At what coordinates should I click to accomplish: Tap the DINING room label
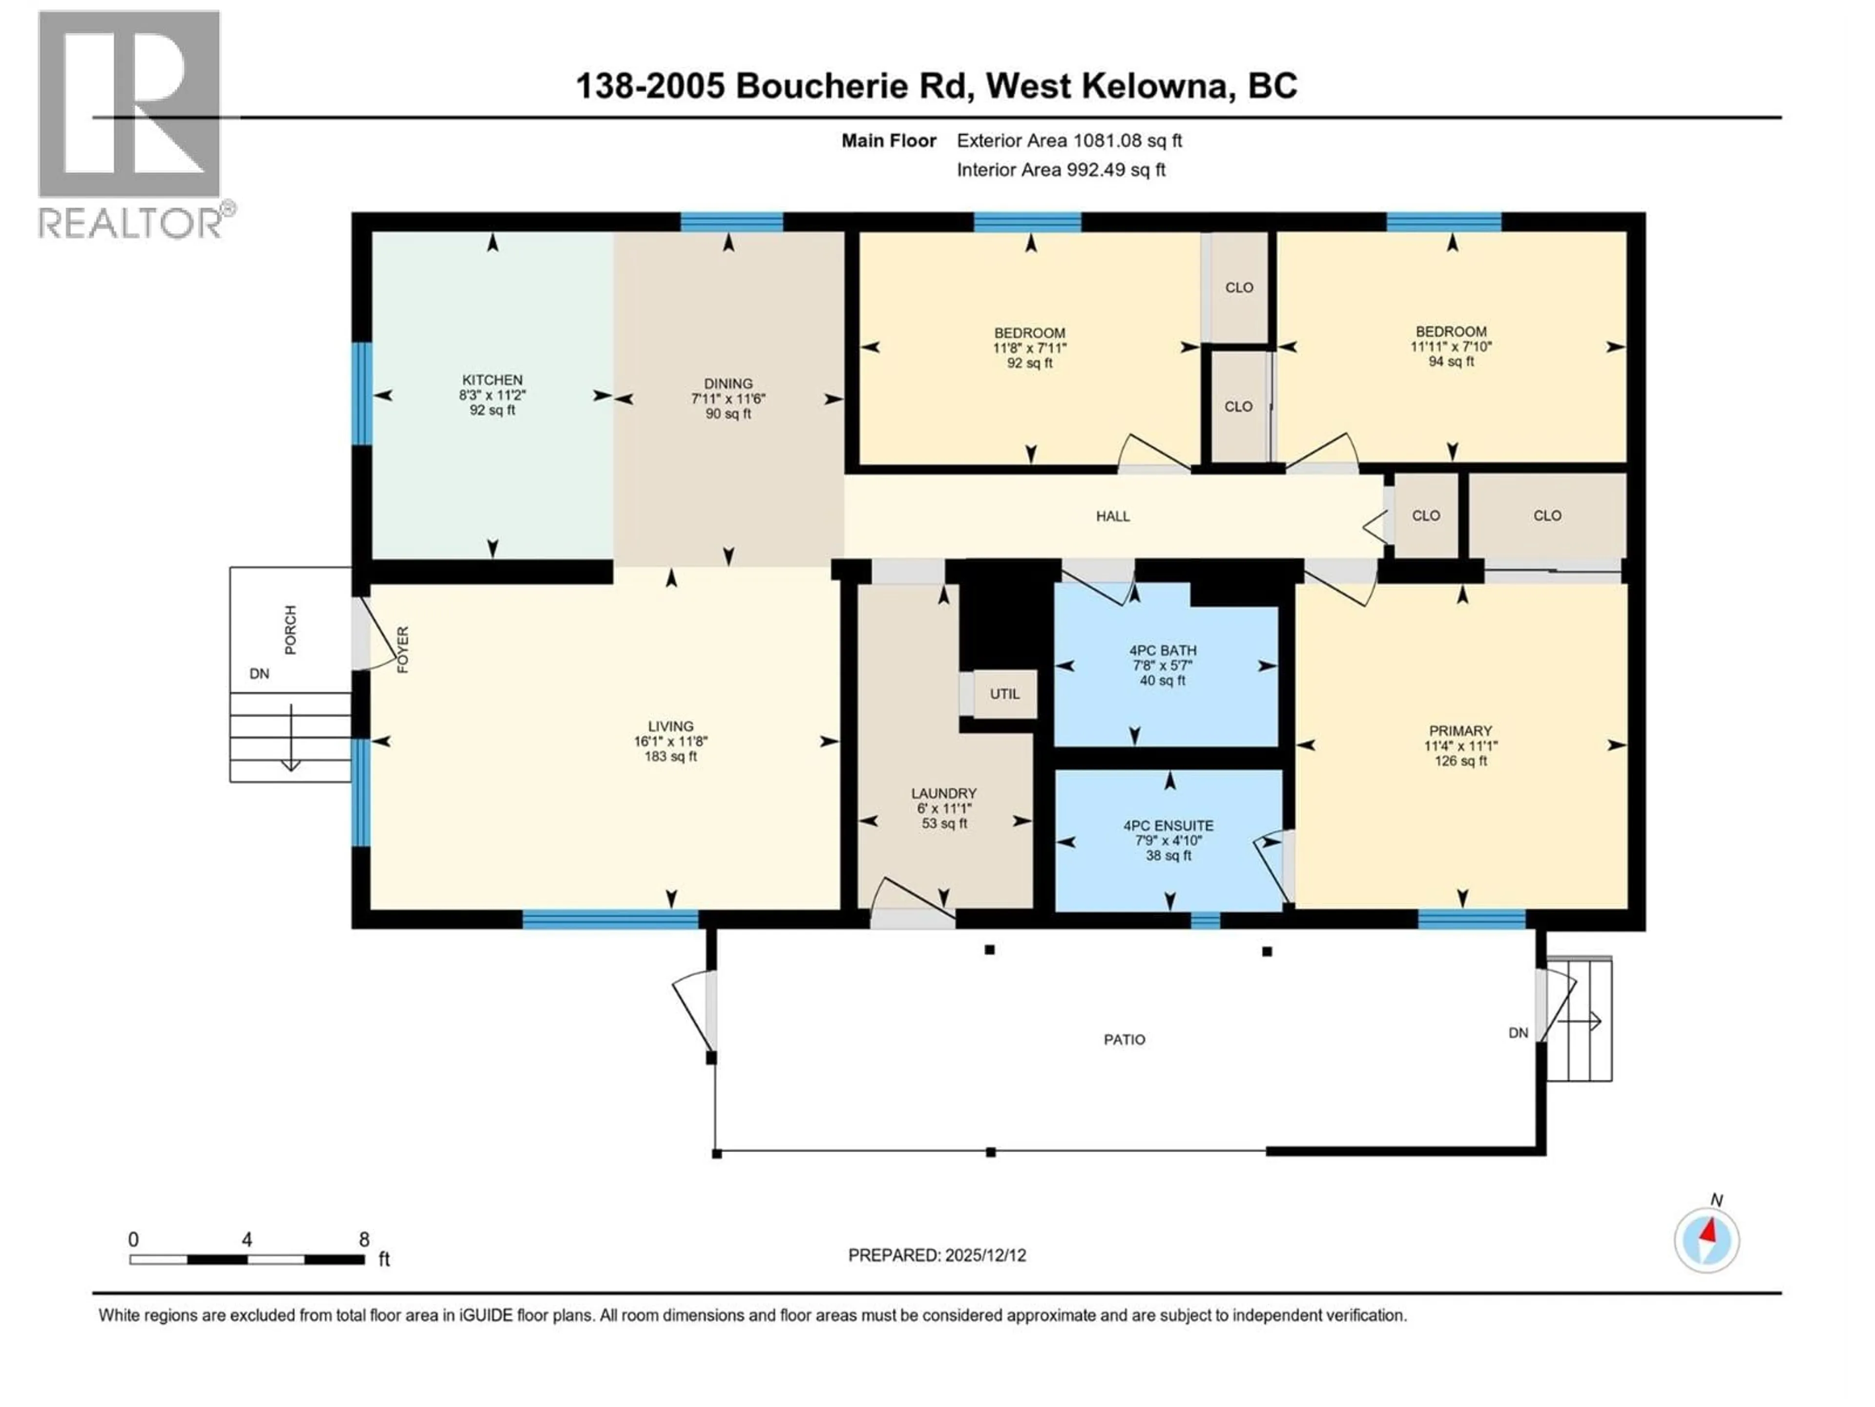[x=728, y=384]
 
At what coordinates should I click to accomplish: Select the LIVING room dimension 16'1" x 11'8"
[x=670, y=741]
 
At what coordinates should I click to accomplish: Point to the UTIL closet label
[x=1004, y=694]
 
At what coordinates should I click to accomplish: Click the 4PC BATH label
[x=1163, y=651]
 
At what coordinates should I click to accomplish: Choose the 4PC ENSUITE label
[x=1168, y=825]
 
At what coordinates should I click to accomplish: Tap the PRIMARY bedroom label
[x=1459, y=731]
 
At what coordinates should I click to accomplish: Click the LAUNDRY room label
[x=943, y=793]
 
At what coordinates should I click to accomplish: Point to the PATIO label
[x=1124, y=1040]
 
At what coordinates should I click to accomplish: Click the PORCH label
[x=291, y=629]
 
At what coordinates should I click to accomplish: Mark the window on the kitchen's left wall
[x=362, y=393]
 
